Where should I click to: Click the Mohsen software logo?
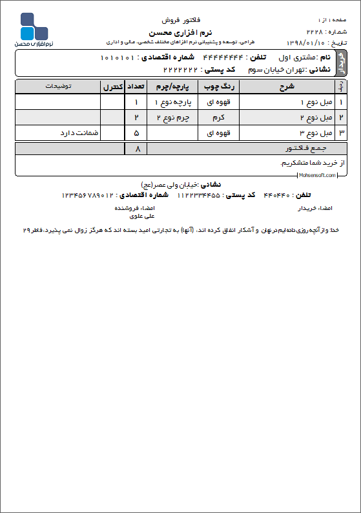pos(34,29)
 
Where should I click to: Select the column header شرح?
pos(289,85)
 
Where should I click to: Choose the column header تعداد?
pos(136,85)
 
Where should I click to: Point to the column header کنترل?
pos(112,85)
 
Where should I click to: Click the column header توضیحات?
pos(57,85)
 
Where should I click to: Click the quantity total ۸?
pos(136,149)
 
